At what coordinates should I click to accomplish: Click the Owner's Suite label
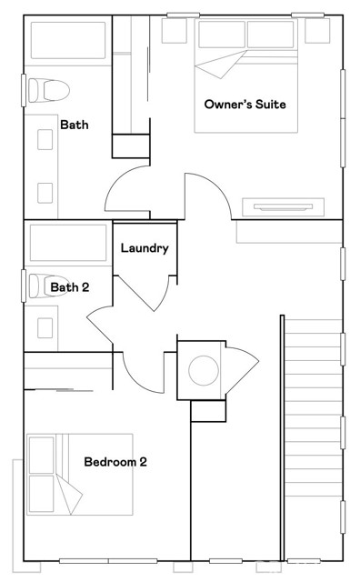click(245, 104)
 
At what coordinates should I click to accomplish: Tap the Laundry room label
click(145, 248)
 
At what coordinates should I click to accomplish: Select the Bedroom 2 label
click(115, 462)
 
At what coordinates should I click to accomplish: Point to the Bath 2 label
click(70, 287)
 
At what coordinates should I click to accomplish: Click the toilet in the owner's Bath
click(49, 90)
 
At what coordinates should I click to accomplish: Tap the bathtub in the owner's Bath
click(68, 40)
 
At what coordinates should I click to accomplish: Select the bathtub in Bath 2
click(68, 243)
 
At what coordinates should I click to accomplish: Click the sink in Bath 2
click(45, 327)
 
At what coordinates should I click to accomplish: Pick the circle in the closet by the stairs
click(204, 370)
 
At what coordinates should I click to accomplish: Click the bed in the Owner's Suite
click(246, 75)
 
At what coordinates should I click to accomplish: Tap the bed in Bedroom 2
click(80, 475)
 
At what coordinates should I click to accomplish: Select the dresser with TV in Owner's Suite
click(283, 207)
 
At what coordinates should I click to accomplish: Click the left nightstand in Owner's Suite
click(174, 30)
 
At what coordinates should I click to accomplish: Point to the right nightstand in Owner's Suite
click(317, 30)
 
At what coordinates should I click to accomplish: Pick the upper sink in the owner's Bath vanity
click(45, 139)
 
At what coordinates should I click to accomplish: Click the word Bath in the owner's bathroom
click(75, 125)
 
